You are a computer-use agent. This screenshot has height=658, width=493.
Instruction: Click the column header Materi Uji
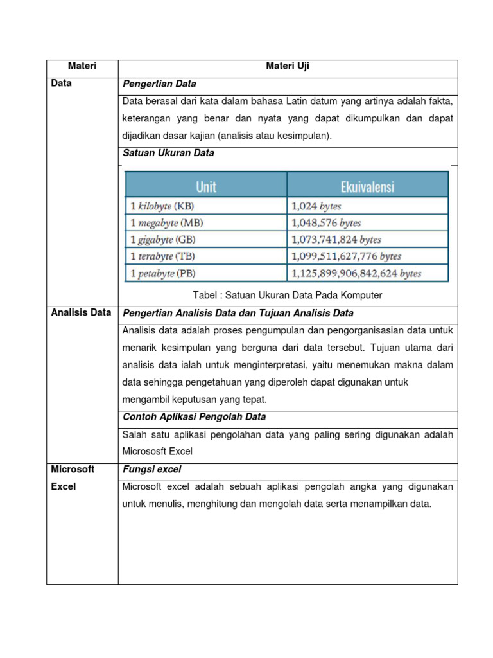coord(288,66)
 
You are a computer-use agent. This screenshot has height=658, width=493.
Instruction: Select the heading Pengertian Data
coord(159,84)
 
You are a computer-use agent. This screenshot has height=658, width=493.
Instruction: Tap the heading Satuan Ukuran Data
coord(168,154)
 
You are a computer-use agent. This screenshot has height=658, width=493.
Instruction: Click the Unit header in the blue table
coord(205,186)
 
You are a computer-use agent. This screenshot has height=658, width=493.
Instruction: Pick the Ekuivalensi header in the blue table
coord(367,186)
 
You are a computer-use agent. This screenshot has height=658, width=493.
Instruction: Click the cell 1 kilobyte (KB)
coord(162,206)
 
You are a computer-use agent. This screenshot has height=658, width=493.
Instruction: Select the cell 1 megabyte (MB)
coord(166,223)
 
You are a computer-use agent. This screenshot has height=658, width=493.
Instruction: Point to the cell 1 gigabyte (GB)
coord(163,240)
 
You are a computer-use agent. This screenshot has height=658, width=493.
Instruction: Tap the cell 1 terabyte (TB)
coord(163,256)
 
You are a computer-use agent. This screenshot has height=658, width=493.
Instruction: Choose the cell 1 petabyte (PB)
coord(163,273)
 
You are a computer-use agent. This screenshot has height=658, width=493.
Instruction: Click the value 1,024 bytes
coord(316,206)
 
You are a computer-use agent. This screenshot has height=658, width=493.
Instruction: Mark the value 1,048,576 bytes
coord(326,223)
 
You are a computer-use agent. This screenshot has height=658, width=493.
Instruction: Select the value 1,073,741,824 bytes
coord(336,240)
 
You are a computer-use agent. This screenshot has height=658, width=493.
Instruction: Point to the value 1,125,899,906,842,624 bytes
coord(356,273)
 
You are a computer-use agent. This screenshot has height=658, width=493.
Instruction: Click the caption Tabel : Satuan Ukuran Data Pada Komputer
coord(287,295)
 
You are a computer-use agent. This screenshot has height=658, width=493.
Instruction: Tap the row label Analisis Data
coord(81,313)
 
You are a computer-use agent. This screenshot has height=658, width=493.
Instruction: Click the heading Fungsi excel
coord(151,470)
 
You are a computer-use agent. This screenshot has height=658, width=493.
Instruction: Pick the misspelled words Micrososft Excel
coord(157,452)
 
